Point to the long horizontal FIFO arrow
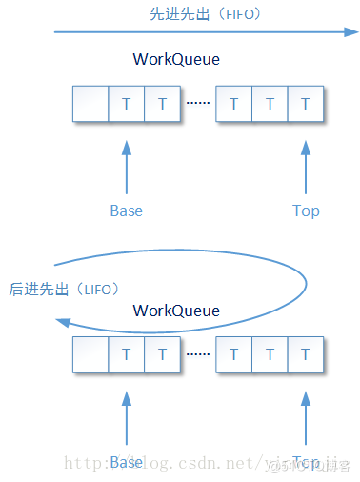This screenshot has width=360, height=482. (x=200, y=32)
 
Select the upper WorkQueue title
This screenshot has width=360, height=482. (x=176, y=60)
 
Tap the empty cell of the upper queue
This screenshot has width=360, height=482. (x=91, y=104)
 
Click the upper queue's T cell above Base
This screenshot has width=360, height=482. (x=127, y=104)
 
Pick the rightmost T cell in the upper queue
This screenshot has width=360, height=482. (x=306, y=104)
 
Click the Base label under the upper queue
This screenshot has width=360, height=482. (x=127, y=211)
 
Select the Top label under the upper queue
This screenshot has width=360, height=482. (x=306, y=211)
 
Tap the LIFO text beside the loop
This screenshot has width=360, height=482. (x=65, y=288)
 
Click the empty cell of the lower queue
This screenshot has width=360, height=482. (x=91, y=354)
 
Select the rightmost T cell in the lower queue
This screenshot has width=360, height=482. (x=306, y=354)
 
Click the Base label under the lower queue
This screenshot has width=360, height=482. (x=127, y=462)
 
